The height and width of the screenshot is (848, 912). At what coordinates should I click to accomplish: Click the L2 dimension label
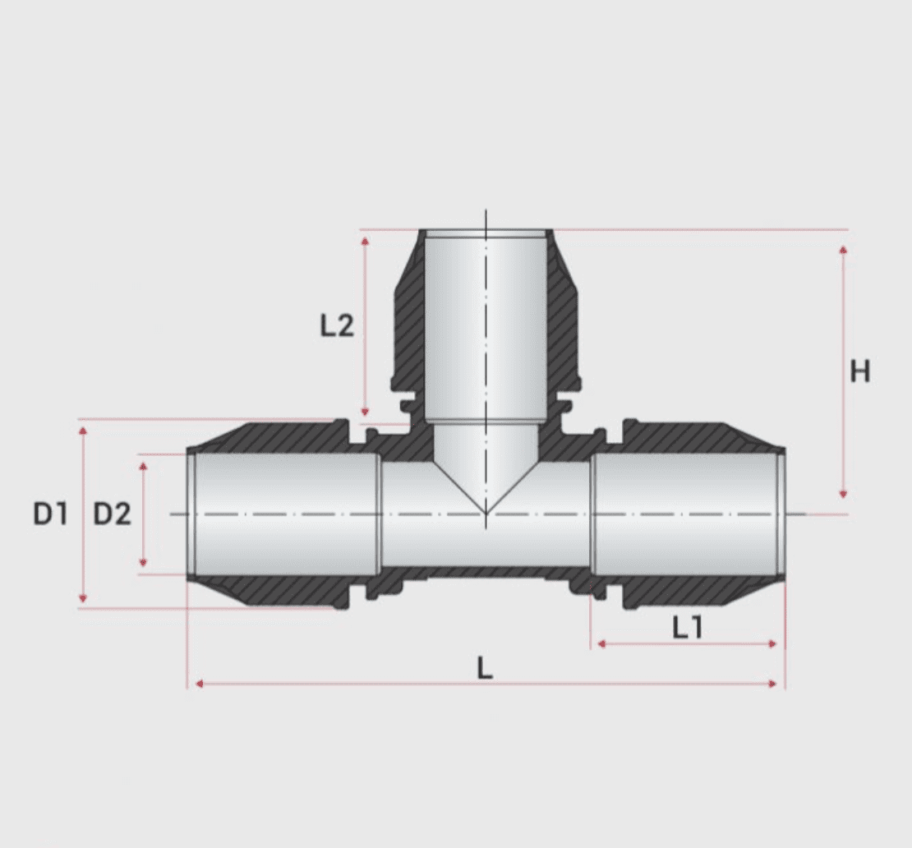(x=337, y=326)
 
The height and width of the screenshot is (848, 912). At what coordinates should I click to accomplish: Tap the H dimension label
(x=859, y=372)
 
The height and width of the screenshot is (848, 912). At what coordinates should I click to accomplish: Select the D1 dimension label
(x=49, y=514)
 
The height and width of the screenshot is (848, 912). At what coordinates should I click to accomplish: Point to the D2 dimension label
(x=112, y=514)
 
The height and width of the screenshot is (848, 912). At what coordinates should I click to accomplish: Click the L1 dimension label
(x=688, y=629)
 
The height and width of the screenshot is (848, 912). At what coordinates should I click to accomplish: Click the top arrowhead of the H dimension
(x=843, y=249)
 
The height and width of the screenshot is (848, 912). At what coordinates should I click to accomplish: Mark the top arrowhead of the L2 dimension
(x=365, y=239)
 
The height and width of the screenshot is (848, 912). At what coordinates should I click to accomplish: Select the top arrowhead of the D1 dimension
(x=82, y=430)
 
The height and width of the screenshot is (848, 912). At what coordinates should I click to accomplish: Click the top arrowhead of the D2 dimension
(x=143, y=466)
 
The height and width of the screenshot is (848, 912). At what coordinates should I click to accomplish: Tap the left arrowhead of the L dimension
(x=196, y=684)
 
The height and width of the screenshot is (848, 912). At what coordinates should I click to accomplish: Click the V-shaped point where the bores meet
(x=486, y=512)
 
